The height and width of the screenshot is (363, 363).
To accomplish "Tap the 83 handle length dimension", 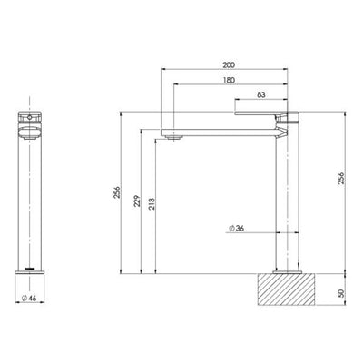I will click(x=260, y=95).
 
